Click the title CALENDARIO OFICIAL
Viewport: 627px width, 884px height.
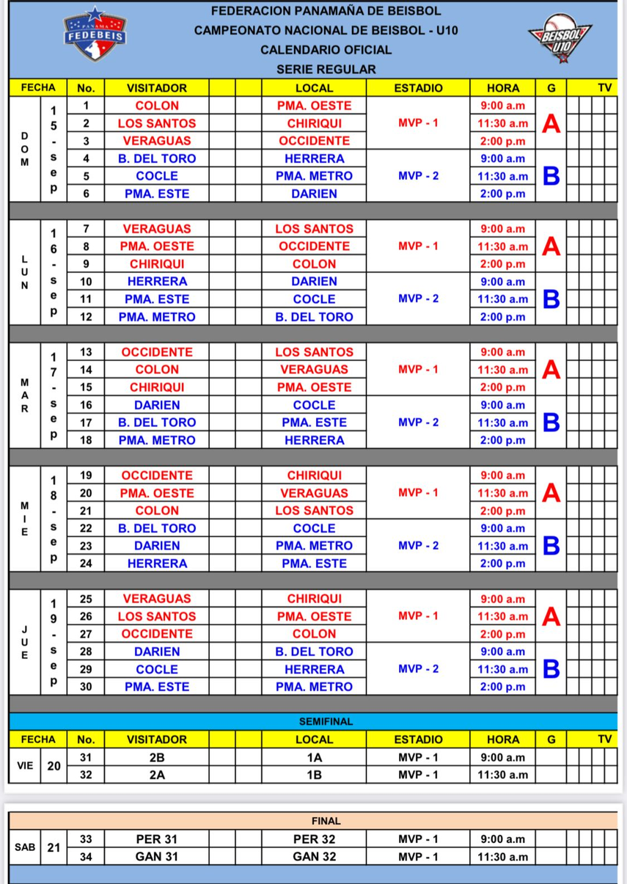tap(326, 50)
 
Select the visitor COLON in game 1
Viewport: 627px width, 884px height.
tap(157, 106)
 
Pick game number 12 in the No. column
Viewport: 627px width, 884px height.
tap(86, 317)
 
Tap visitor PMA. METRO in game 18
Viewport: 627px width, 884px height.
tap(157, 440)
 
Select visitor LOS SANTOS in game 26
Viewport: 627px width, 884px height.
tap(157, 616)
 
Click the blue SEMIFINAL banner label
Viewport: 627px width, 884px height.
tap(326, 721)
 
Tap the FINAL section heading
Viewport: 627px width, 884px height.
tap(326, 821)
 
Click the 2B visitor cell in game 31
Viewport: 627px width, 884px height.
tap(157, 757)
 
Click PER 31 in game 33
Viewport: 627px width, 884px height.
tap(157, 839)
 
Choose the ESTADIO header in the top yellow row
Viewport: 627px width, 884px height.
tap(418, 87)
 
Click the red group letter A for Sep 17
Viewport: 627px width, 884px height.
tap(551, 370)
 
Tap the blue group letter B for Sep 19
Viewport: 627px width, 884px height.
tap(551, 669)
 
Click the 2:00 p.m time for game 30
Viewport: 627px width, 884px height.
tap(502, 687)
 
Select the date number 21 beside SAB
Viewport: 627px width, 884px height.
tap(54, 847)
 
